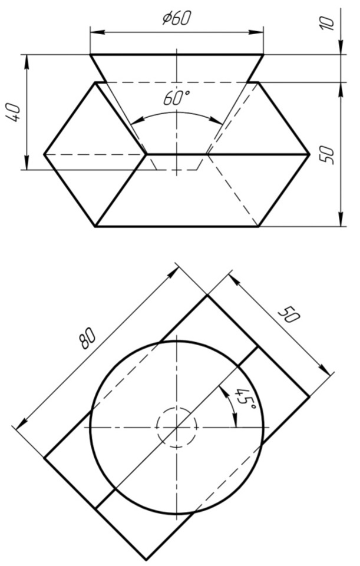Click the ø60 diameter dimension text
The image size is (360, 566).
pos(176,18)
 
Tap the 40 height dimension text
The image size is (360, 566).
pos(15,112)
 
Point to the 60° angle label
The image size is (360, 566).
pos(176,98)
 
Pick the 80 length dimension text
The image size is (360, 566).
pos(88,339)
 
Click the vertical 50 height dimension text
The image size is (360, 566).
pos(328,155)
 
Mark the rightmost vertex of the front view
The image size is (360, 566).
pos(309,154)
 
